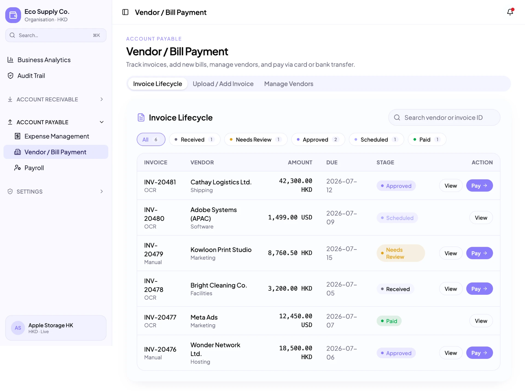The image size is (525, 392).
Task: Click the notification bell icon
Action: click(x=510, y=12)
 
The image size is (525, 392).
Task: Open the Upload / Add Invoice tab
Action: click(x=223, y=84)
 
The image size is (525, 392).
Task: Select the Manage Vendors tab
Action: click(x=289, y=84)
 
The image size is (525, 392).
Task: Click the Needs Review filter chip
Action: click(x=256, y=139)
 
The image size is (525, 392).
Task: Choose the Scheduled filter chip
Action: click(x=376, y=139)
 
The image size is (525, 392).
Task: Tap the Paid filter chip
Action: click(x=427, y=139)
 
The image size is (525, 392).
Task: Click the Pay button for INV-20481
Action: click(x=479, y=185)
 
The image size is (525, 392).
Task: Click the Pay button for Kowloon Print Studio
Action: click(x=479, y=253)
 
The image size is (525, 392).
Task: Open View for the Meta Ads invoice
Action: click(x=481, y=321)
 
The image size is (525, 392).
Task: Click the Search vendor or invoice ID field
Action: click(x=444, y=118)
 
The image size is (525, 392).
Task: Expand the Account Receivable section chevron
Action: click(x=101, y=99)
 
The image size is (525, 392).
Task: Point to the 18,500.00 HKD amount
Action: click(x=296, y=353)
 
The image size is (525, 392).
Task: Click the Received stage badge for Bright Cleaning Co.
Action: click(x=395, y=289)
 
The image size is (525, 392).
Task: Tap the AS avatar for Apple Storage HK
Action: click(x=18, y=328)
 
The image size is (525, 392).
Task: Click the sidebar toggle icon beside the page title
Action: click(x=125, y=12)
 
